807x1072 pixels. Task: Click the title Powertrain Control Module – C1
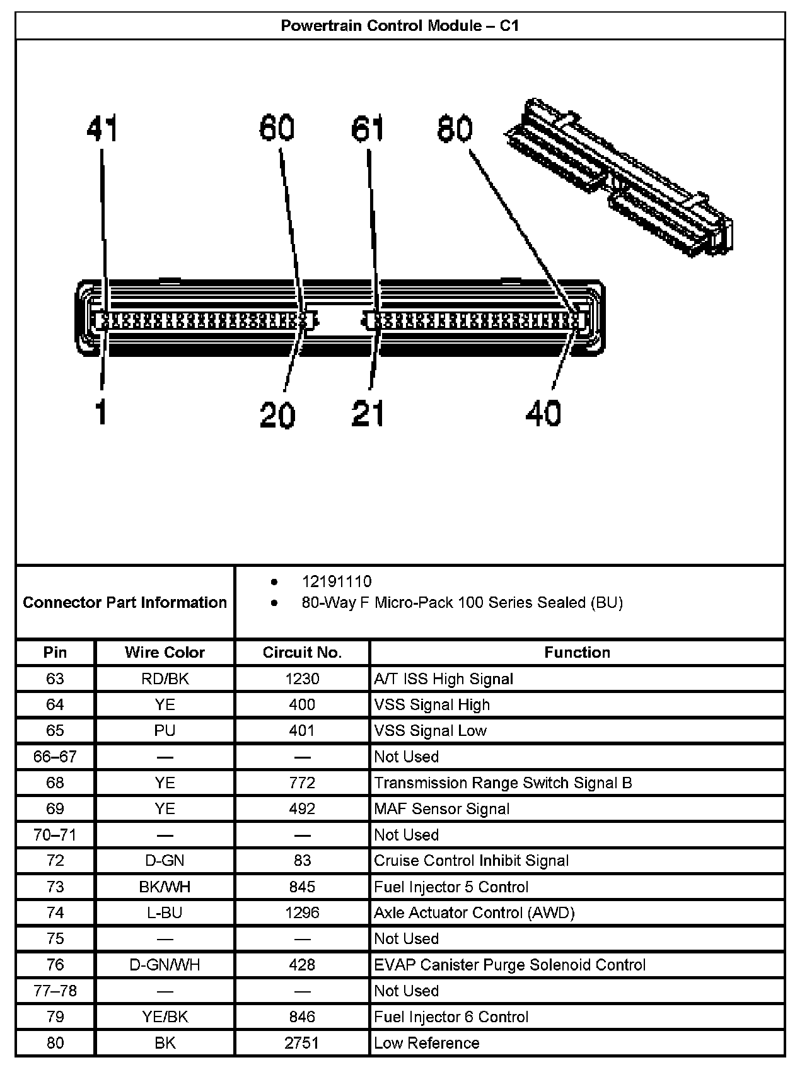point(400,26)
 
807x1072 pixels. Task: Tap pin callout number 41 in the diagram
point(102,129)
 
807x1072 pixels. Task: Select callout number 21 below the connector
point(368,414)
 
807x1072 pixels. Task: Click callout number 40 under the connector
point(543,414)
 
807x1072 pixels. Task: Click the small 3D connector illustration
point(619,177)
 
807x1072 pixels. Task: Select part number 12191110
point(337,581)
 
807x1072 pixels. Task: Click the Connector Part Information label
point(125,602)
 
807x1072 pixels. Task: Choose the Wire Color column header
point(165,653)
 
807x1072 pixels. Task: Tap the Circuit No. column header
point(302,653)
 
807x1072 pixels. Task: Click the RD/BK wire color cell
point(165,679)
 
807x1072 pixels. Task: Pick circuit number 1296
point(302,912)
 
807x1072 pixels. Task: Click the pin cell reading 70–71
point(55,835)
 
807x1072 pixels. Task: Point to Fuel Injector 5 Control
point(451,887)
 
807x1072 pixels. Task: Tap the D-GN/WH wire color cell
point(165,965)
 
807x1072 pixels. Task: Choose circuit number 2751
point(302,1043)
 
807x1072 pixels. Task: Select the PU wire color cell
point(165,730)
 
